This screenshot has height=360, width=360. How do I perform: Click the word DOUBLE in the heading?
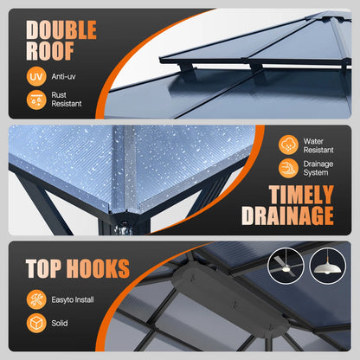(61, 29)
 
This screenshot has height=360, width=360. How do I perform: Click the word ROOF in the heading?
(50, 51)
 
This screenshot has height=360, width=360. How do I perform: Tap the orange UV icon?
(36, 76)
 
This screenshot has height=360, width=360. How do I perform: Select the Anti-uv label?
(63, 76)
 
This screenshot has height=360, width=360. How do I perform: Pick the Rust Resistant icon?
(36, 100)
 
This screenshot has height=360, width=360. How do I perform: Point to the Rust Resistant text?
(67, 100)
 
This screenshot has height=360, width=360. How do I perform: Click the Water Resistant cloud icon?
(288, 145)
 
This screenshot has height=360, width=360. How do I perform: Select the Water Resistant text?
(318, 145)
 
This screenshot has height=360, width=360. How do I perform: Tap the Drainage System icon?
(288, 168)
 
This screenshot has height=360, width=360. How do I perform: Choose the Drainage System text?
(318, 168)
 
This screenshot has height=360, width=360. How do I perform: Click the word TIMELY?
(301, 194)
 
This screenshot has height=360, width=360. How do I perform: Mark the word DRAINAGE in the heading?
(287, 215)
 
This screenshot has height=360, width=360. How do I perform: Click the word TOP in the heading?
(43, 268)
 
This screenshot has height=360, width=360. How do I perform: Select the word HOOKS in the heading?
(98, 268)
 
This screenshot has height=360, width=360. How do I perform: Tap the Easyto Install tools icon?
(36, 299)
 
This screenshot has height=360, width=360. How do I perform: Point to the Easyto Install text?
(73, 299)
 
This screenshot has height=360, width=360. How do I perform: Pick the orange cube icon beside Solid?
(36, 323)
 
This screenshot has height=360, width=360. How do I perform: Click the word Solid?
(60, 323)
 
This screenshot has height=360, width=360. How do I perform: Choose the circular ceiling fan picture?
(286, 266)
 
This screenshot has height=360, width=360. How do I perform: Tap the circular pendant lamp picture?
(328, 266)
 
